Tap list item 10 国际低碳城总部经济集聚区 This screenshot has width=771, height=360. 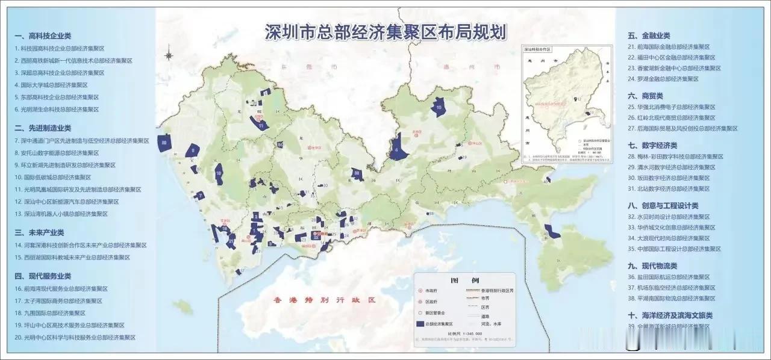click(x=53, y=177)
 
